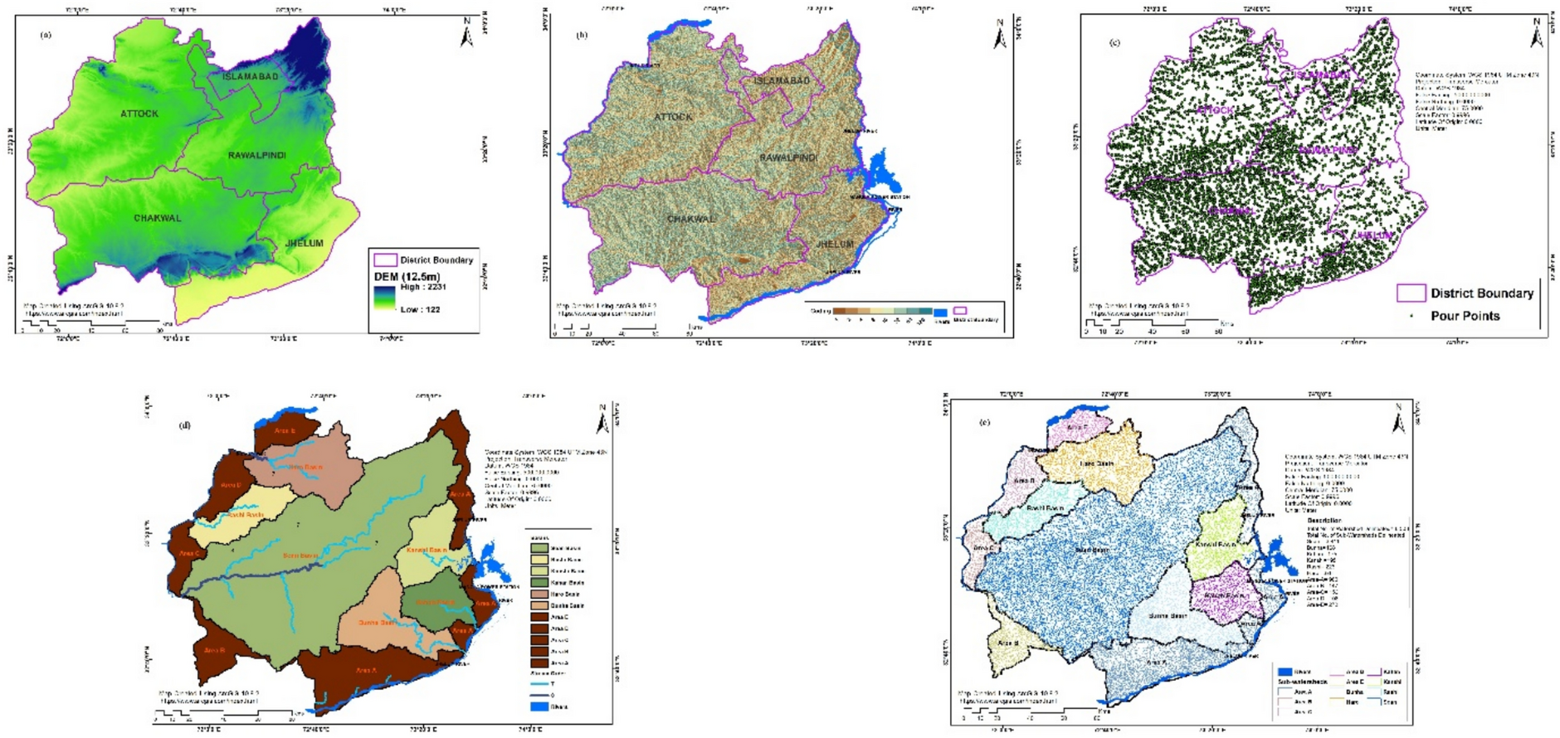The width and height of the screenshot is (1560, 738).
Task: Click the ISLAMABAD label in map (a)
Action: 250,76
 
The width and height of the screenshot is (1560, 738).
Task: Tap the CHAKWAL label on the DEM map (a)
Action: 157,218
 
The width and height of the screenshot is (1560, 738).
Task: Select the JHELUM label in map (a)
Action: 304,243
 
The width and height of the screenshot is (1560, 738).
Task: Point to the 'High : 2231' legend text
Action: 422,287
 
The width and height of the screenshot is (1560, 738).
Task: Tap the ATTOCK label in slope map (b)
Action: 672,117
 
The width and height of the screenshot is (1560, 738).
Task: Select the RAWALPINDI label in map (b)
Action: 788,158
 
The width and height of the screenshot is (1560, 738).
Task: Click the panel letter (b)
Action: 582,35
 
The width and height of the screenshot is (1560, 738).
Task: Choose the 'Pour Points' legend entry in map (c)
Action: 1465,316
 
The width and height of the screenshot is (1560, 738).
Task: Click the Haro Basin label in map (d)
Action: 305,467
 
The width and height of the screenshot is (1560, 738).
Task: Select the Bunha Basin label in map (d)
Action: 376,622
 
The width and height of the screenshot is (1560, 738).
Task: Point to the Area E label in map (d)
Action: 285,431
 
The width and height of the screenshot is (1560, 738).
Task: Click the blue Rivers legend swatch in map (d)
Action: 539,706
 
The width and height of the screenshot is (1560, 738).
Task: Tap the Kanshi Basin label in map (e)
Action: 1215,545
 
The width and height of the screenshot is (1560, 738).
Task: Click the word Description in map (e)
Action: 1324,521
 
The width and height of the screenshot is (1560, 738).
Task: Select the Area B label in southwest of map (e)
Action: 1007,643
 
